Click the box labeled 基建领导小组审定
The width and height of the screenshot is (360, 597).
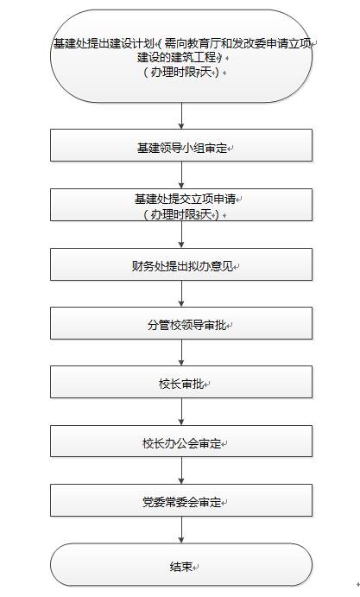181,145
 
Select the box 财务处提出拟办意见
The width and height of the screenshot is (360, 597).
181,264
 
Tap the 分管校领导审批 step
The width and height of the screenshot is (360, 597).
181,323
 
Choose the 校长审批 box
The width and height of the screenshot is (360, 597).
181,382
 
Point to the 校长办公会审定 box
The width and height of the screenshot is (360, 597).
181,441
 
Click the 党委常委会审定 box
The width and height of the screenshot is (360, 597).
181,500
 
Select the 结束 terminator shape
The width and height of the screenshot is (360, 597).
181,564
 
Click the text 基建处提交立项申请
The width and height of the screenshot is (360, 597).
186,199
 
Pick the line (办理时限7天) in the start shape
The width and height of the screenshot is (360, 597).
181,72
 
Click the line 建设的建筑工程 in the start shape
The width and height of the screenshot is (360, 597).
179,58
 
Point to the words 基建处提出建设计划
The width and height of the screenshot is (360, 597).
104,43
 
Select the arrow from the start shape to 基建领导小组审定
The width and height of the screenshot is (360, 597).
181,116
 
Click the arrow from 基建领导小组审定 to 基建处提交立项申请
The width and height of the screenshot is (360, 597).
181,175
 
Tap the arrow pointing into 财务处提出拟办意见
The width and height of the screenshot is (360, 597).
181,234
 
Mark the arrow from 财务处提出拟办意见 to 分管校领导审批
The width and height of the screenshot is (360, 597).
181,294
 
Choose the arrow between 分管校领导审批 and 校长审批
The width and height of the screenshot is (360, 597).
181,352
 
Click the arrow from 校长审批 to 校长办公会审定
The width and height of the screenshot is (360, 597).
181,411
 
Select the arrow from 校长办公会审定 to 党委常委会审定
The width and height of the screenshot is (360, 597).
181,471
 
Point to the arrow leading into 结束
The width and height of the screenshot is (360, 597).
181,530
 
